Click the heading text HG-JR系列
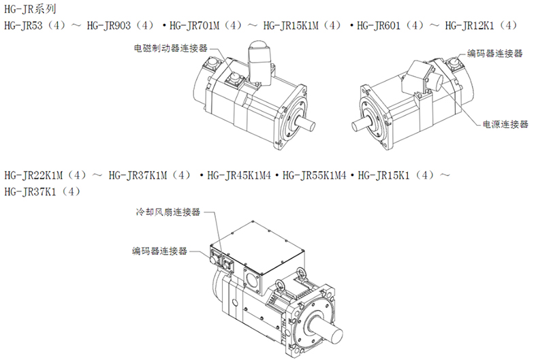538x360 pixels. [x=30, y=9]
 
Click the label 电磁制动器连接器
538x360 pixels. [x=170, y=48]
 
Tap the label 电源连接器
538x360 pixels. [x=505, y=124]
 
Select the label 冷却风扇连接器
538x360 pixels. [x=168, y=212]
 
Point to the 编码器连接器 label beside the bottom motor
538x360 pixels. [x=159, y=251]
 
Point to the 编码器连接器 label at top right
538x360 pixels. [x=495, y=53]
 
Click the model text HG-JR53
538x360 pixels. [x=23, y=25]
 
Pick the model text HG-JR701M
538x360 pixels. [x=194, y=25]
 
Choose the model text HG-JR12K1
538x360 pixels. [x=469, y=25]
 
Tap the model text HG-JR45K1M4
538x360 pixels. [x=239, y=176]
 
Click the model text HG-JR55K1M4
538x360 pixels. [x=315, y=176]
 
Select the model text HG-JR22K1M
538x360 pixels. [x=33, y=176]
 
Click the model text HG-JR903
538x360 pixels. [x=109, y=25]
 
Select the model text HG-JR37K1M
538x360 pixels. [x=138, y=176]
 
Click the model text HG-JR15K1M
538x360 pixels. [x=291, y=25]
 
